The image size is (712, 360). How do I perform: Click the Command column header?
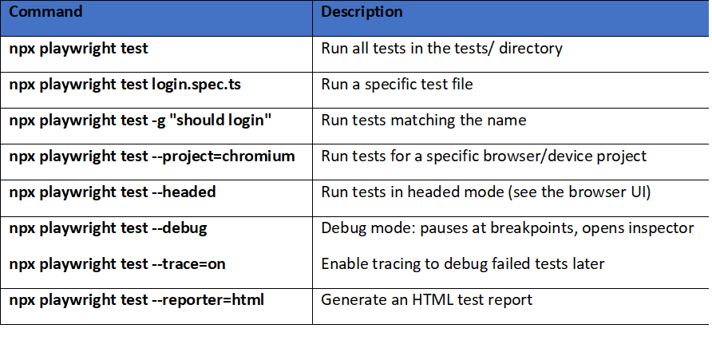[x=45, y=13]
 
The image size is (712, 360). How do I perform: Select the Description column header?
[x=362, y=13]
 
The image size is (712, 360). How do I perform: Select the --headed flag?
[x=184, y=192]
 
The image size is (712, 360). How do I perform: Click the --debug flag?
[x=179, y=228]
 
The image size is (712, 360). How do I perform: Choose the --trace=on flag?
[x=188, y=264]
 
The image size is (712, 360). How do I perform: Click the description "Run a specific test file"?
[x=397, y=84]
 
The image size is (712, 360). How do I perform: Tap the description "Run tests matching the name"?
[x=423, y=121]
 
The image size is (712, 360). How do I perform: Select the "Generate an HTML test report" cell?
[x=426, y=300]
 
